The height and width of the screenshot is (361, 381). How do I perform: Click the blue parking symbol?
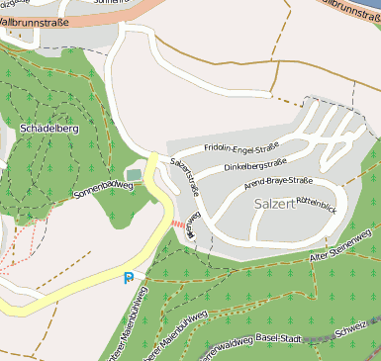[x=129, y=279]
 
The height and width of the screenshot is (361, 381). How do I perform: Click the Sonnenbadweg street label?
[x=103, y=190]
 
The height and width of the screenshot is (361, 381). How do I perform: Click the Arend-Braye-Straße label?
[x=280, y=181]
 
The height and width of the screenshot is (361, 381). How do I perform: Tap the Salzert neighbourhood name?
[x=274, y=203]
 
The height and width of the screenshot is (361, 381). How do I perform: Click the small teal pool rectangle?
[x=134, y=175]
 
